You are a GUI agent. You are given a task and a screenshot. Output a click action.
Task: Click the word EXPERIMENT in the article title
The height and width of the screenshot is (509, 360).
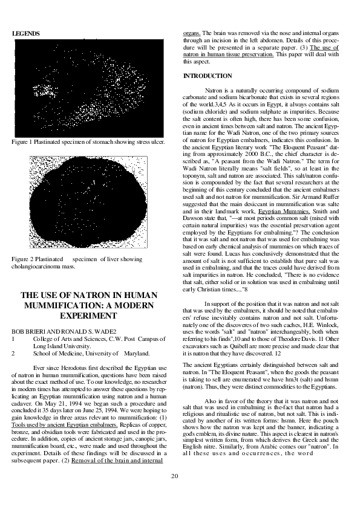[90, 316]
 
